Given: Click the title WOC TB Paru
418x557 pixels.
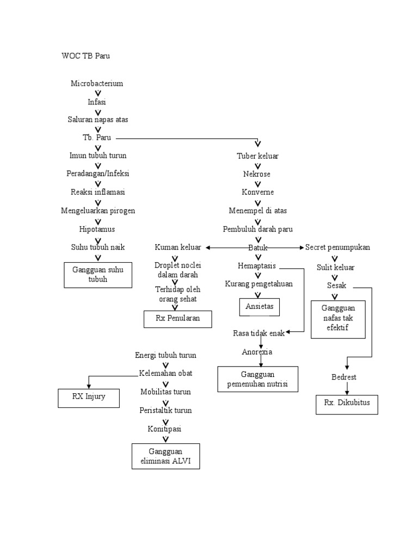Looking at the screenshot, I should [x=86, y=56].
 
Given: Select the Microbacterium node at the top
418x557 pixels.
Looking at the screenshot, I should [x=97, y=83].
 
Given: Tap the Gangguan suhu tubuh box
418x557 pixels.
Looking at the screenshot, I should [x=98, y=274].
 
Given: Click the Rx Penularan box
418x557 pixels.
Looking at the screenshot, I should [x=177, y=319].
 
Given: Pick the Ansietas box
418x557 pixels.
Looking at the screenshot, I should [x=260, y=307].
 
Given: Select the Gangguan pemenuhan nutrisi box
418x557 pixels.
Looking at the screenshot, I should [x=258, y=379].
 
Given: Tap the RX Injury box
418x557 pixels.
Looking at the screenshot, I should [x=89, y=397].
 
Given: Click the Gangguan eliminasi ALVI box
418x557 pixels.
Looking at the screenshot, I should [x=165, y=456].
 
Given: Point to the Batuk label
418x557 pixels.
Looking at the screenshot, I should [x=258, y=247].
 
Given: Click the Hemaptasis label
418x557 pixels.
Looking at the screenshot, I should [x=257, y=266].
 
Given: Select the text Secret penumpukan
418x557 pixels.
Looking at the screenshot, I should [x=337, y=247].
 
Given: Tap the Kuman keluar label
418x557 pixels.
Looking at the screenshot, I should [x=177, y=247].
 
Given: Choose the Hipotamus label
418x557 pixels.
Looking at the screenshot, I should [x=97, y=229].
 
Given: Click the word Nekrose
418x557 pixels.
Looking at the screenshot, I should [x=257, y=174].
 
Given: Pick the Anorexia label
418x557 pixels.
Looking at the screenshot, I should [x=257, y=352].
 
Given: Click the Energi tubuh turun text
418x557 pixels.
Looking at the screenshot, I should [x=165, y=355].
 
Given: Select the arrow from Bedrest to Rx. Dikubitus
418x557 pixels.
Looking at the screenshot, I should [x=347, y=388].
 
